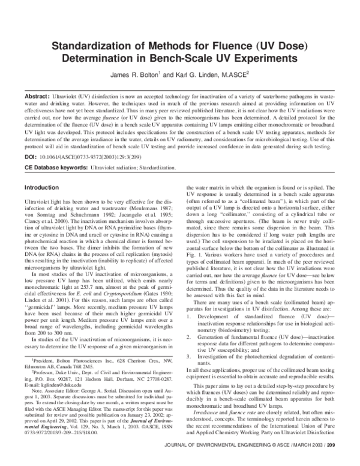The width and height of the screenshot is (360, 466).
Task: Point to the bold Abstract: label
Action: [x=37, y=96]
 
